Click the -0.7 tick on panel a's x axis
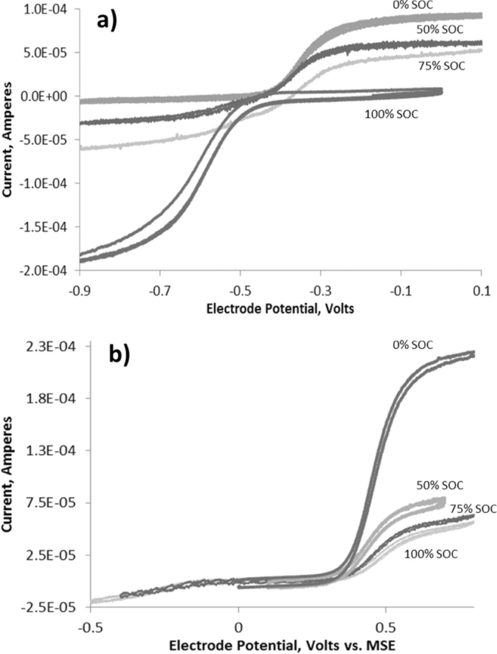tap(160, 291)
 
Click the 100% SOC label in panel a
tap(391, 114)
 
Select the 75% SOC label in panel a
tap(441, 66)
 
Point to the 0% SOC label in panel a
tap(413, 5)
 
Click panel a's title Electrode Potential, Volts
tap(280, 309)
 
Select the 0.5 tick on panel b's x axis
tap(385, 628)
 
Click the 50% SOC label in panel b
tap(440, 485)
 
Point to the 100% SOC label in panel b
tap(431, 554)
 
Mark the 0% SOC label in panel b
tap(413, 345)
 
